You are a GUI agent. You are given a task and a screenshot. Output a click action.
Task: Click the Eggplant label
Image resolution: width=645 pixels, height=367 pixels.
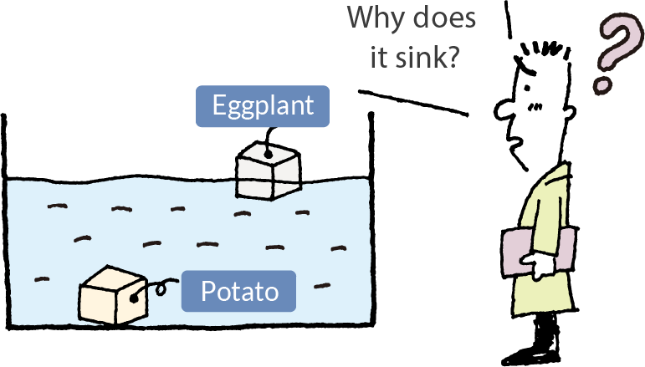pos(263,106)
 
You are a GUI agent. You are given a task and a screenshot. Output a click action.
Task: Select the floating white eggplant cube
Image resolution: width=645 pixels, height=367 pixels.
pos(267,172)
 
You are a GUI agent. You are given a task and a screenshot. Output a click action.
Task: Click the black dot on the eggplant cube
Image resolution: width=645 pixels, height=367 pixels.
pos(268,153)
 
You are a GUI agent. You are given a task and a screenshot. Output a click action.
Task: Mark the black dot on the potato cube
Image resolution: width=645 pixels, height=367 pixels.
pos(135,293)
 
